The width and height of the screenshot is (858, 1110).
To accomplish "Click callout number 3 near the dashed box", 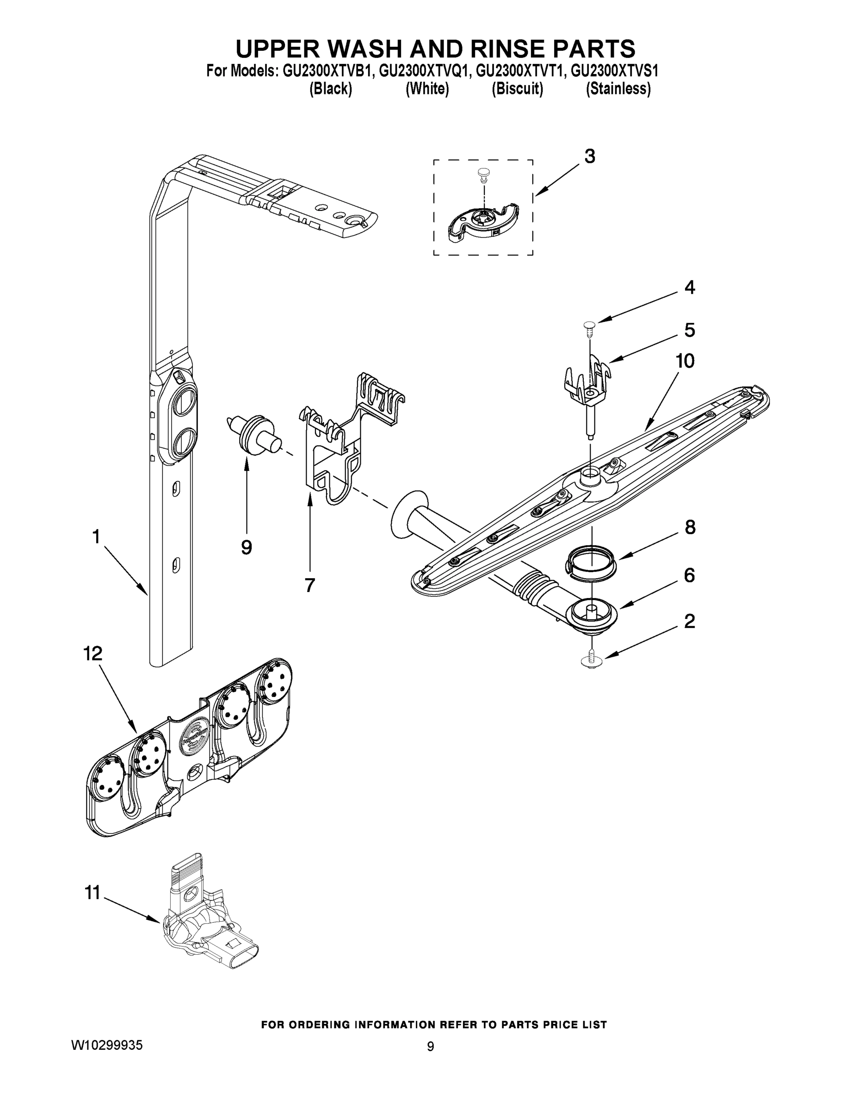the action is point(589,156).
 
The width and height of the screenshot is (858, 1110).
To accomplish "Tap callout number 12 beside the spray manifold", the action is point(93,654).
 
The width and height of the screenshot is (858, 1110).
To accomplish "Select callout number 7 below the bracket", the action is point(309,586).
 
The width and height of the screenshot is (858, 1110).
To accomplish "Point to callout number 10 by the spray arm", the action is point(685,361).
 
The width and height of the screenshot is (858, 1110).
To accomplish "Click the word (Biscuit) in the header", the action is point(517,89).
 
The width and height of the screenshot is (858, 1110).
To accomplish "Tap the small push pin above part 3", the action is point(483,175).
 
